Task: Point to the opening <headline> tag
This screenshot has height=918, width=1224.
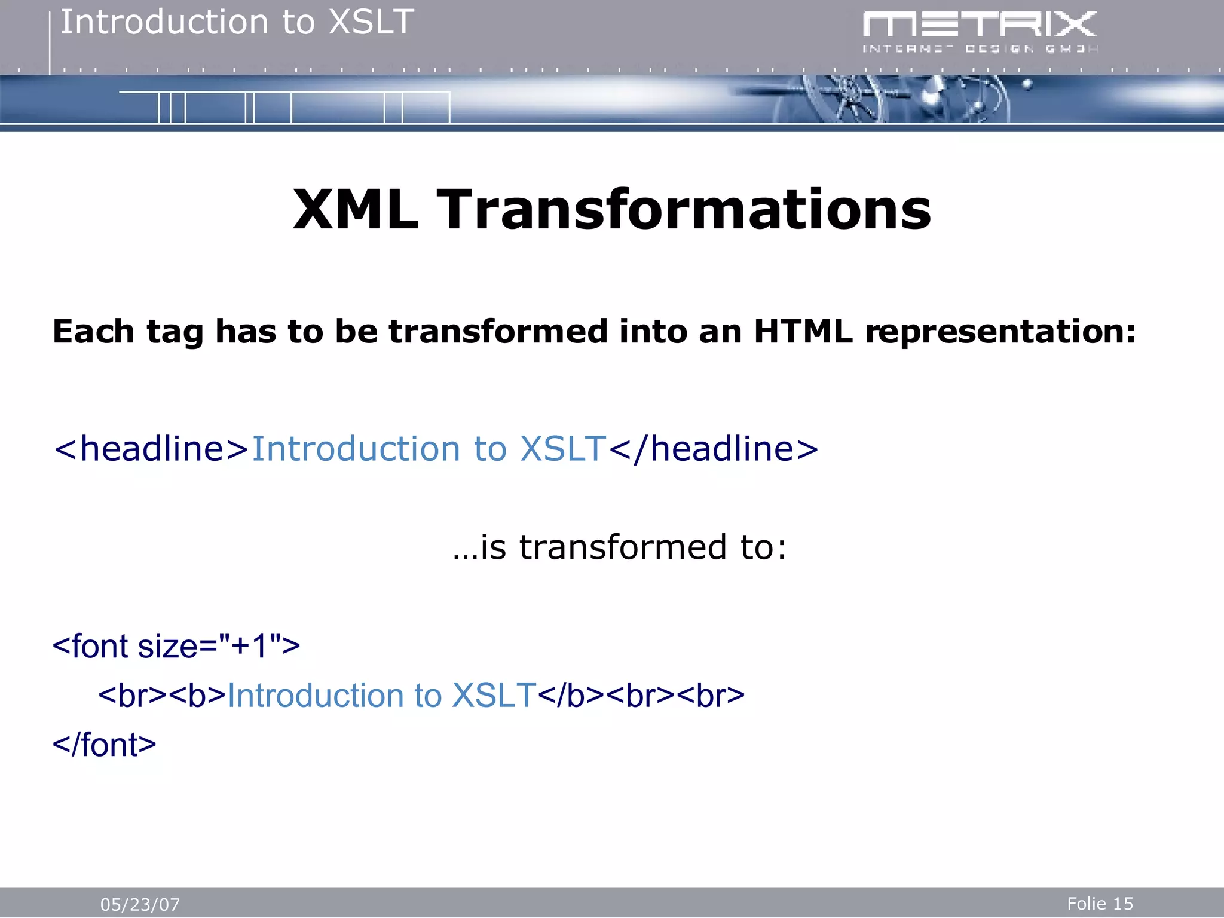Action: [x=151, y=449]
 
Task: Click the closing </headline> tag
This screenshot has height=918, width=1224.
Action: [x=714, y=449]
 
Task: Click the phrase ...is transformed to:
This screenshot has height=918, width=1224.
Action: [x=620, y=547]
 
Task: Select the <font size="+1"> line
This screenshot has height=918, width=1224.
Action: [x=176, y=647]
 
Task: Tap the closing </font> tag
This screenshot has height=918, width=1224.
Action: [x=105, y=745]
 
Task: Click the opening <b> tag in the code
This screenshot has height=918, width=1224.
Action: [x=197, y=696]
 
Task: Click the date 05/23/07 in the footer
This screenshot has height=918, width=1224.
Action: [x=140, y=905]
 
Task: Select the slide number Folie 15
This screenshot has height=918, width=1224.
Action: [x=1100, y=904]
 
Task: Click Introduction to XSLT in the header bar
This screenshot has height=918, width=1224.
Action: [x=237, y=23]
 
